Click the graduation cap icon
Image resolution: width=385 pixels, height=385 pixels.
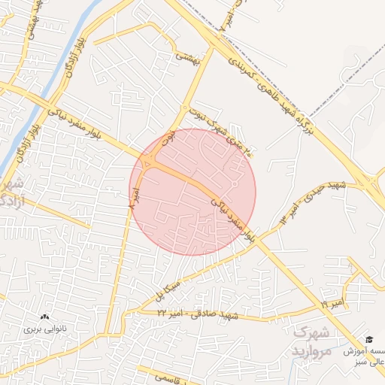[x=368, y=340]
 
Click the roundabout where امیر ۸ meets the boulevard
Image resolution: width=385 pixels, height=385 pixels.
[x=148, y=161]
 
